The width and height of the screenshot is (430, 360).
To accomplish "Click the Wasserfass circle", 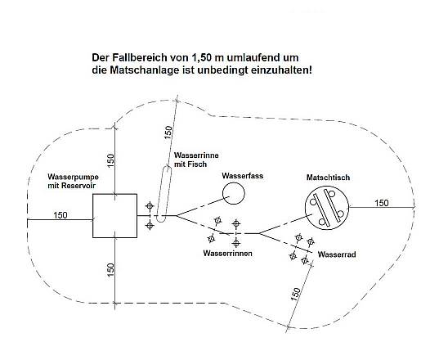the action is click(233, 183).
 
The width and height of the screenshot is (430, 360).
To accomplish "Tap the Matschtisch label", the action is click(328, 178).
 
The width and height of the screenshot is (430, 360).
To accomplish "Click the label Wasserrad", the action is click(337, 254).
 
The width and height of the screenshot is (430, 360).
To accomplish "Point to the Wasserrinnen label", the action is click(227, 253).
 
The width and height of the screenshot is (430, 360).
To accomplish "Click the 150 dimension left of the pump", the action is click(60, 215).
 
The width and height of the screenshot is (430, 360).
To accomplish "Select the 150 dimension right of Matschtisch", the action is click(382, 203).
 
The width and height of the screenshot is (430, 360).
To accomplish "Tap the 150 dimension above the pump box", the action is click(110, 160).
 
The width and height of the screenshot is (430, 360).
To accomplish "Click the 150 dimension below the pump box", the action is click(110, 270).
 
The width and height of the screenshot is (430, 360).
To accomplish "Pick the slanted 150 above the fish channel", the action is click(168, 133).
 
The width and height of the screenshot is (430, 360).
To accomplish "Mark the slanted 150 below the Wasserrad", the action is click(295, 294).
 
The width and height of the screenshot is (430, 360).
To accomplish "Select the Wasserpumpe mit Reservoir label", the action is click(73, 181).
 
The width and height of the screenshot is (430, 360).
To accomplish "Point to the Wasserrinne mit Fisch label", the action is click(196, 160).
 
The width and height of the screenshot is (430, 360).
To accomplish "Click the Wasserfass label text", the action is click(243, 176).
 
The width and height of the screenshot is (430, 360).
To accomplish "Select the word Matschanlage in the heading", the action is click(145, 70).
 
